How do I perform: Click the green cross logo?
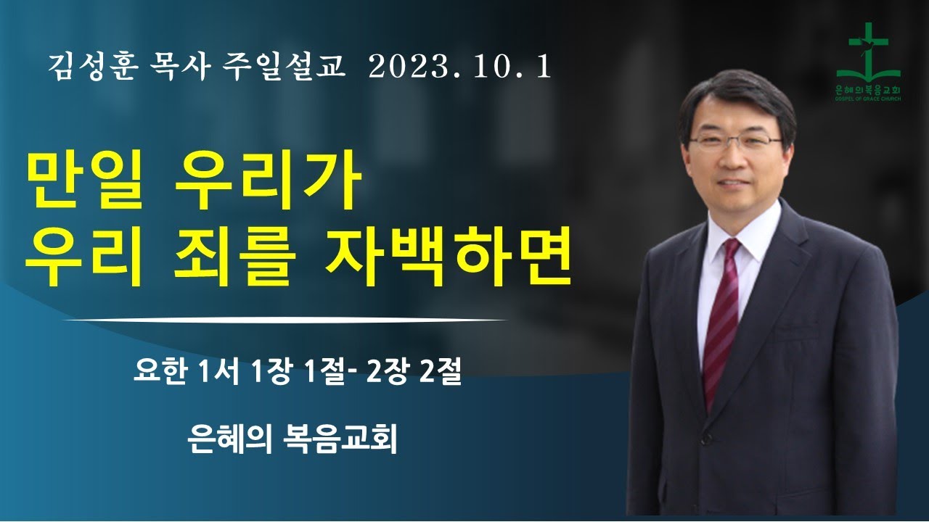coord(868,54)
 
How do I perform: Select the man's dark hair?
coord(733,101)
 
